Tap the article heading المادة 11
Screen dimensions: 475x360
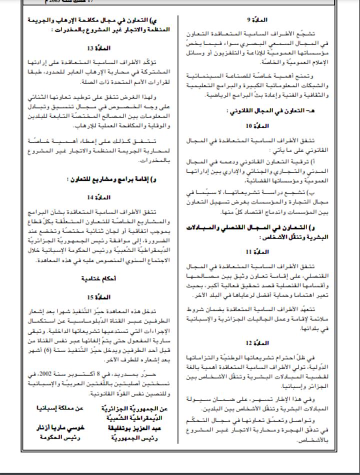pos(258,251)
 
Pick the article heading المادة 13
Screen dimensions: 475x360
pos(95,48)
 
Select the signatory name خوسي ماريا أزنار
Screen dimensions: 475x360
pos(52,428)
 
